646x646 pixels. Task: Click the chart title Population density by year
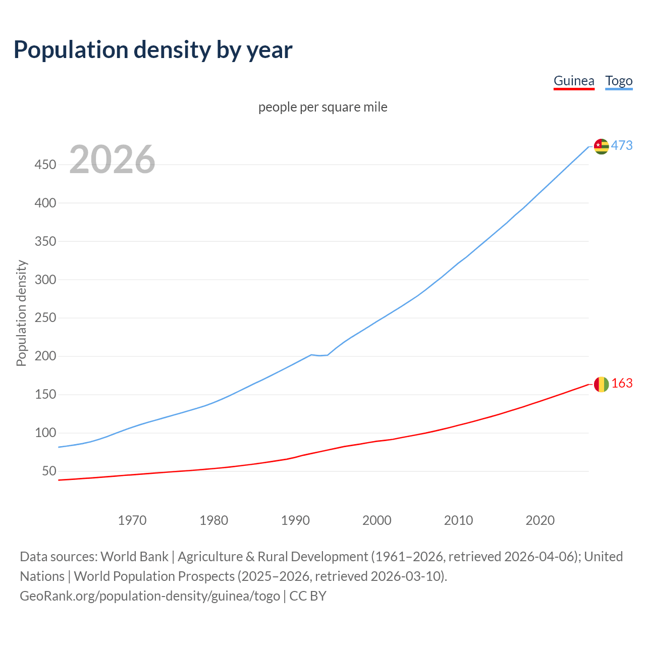[x=153, y=50]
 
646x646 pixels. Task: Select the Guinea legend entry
[x=574, y=81]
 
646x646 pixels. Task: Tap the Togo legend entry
[x=619, y=81]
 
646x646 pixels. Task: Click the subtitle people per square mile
[x=322, y=107]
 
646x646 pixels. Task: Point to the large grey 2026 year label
[x=112, y=159]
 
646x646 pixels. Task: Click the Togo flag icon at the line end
[x=601, y=146]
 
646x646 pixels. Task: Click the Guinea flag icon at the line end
[x=601, y=384]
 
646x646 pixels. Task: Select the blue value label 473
[x=622, y=146]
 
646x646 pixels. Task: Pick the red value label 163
[x=622, y=384]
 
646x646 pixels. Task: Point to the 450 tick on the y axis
[x=45, y=165]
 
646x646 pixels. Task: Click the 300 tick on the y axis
[x=45, y=280]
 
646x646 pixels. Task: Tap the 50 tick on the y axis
[x=49, y=471]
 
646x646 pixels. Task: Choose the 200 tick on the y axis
[x=45, y=356]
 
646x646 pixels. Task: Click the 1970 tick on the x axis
[x=132, y=520]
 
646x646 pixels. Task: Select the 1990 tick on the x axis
[x=295, y=520]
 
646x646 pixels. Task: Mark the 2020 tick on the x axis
[x=540, y=520]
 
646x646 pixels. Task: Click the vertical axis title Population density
[x=21, y=313]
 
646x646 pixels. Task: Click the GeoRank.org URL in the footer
[x=150, y=596]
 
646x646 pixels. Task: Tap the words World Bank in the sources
[x=134, y=557]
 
